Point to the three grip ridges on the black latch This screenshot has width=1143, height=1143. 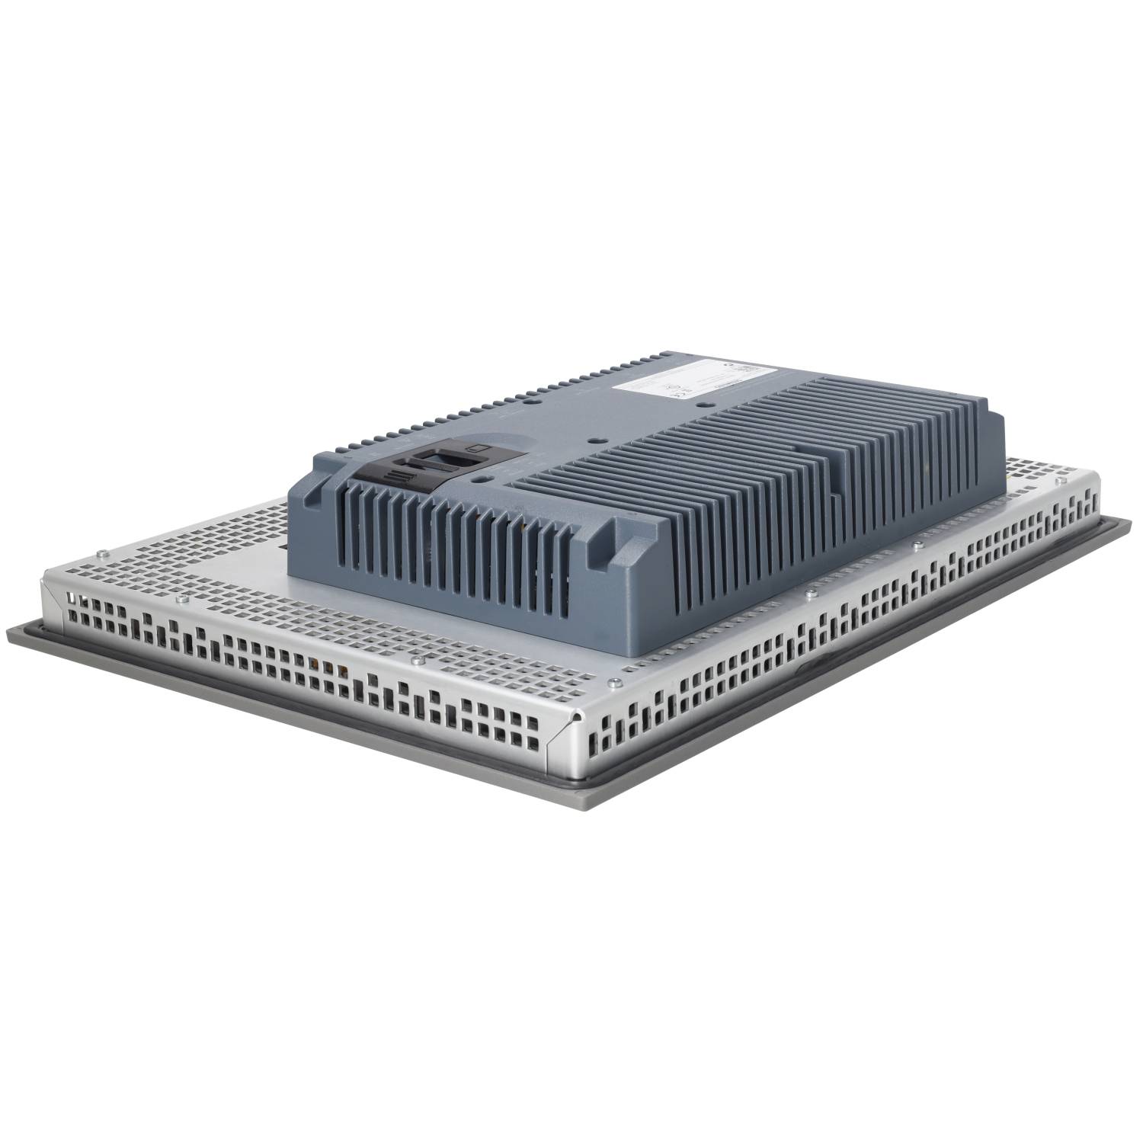tap(397, 479)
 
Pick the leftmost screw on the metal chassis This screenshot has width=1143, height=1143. tap(100, 552)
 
